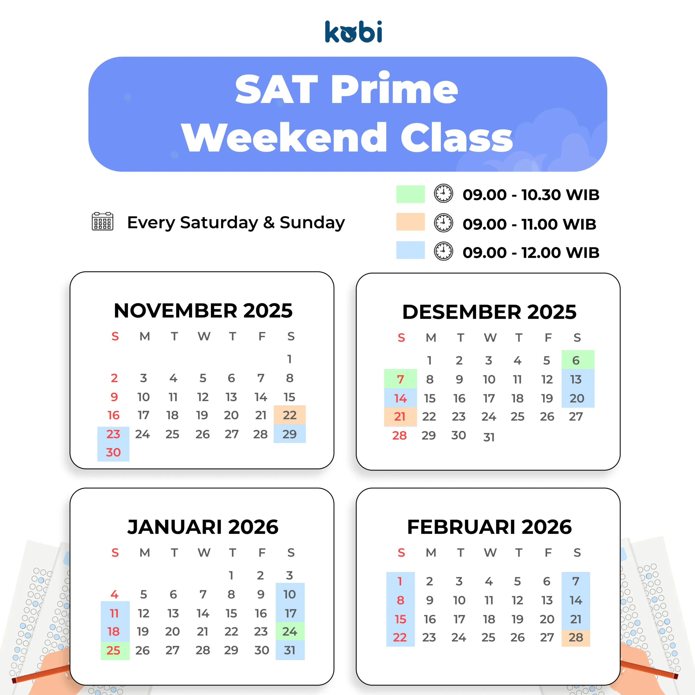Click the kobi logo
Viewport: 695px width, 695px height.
tap(353, 32)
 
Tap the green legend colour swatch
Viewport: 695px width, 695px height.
tap(410, 194)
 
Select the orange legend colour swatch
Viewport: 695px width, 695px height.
tap(410, 222)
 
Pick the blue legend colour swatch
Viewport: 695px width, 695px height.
tap(410, 250)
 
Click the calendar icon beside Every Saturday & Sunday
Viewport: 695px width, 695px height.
tap(103, 221)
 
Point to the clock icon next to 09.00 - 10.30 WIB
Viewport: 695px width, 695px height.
tap(444, 194)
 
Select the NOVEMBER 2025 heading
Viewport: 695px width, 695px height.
tap(203, 311)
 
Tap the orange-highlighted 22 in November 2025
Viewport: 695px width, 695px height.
tap(290, 415)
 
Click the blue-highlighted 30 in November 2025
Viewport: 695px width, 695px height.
tap(113, 452)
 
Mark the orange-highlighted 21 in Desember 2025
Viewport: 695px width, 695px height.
tap(400, 416)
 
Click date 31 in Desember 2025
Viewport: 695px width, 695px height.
tap(489, 437)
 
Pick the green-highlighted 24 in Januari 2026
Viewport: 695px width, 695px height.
tap(290, 631)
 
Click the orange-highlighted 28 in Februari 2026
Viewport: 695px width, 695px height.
tap(576, 637)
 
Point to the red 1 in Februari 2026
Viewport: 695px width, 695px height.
tap(400, 581)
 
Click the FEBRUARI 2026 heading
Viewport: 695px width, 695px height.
tap(489, 527)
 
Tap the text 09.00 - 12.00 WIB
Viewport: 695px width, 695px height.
tap(531, 252)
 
